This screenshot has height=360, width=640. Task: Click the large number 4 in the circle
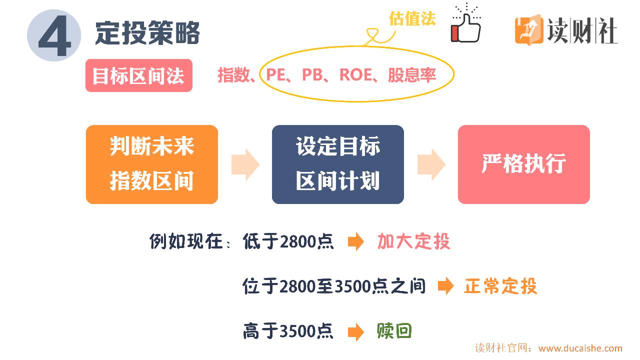click(54, 36)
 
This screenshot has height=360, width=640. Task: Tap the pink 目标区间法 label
click(138, 76)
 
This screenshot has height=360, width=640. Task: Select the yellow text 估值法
click(412, 18)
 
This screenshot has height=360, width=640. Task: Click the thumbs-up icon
click(465, 26)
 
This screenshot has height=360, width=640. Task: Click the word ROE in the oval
click(355, 75)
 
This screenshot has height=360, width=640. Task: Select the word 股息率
click(411, 75)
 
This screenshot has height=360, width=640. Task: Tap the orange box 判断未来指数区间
click(152, 164)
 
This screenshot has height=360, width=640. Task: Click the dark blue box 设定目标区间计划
click(337, 164)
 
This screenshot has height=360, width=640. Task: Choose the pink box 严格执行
click(523, 164)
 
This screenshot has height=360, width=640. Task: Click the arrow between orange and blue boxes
click(245, 164)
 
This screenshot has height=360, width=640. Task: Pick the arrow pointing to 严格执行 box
click(431, 164)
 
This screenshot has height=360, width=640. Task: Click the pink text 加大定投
click(413, 242)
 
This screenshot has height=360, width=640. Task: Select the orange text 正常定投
click(500, 286)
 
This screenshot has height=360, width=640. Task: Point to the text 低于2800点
click(288, 242)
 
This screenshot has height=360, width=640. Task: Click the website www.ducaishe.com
click(580, 348)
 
